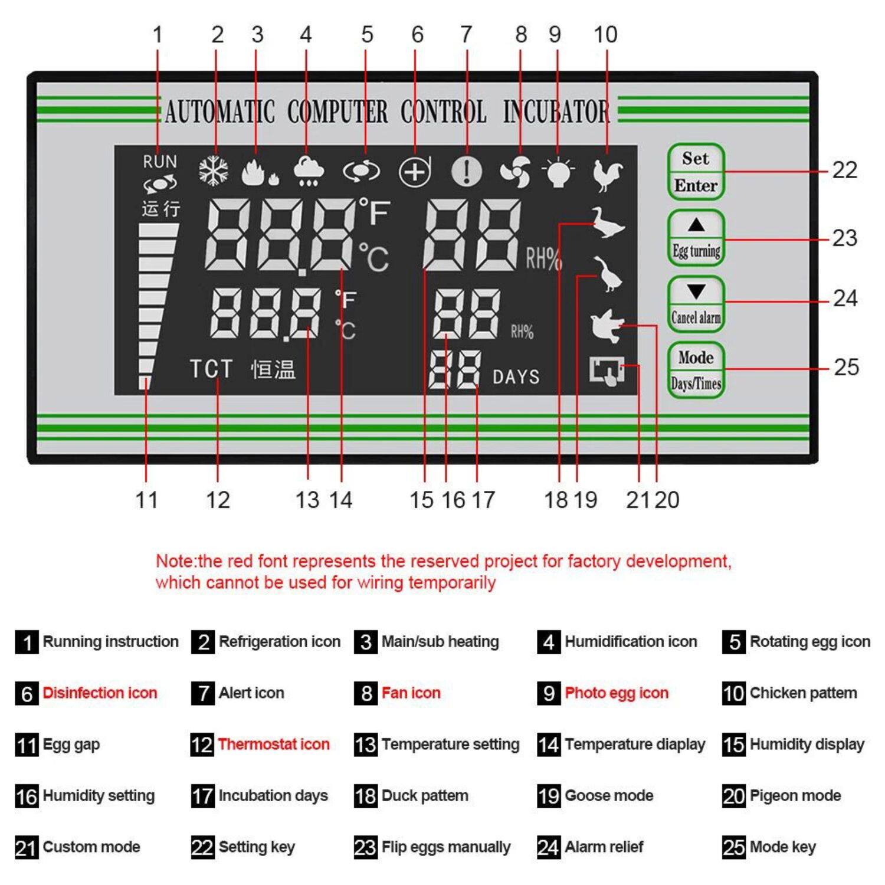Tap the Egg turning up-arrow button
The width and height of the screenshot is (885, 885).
[696, 237]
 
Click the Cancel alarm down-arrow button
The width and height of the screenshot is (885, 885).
[696, 304]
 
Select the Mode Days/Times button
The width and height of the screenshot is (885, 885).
[696, 370]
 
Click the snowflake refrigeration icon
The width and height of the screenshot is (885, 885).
[214, 172]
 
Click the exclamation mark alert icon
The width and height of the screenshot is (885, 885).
[467, 172]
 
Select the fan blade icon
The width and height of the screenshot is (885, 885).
[515, 172]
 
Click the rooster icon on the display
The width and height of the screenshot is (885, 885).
[607, 174]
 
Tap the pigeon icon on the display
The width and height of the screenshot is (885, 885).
[607, 325]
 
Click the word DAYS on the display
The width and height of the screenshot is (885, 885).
[516, 377]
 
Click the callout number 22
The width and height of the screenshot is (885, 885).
[844, 171]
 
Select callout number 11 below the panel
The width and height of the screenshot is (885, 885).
[146, 500]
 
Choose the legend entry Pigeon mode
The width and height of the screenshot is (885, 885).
[794, 795]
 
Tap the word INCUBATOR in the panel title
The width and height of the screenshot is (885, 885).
[556, 112]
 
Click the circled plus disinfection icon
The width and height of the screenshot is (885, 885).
[415, 172]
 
